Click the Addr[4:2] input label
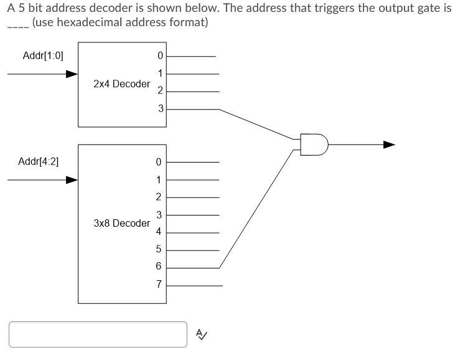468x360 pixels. click(x=39, y=161)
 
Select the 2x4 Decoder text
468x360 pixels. click(x=121, y=83)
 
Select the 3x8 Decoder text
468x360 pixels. click(x=121, y=222)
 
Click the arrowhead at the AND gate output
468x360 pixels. click(x=389, y=144)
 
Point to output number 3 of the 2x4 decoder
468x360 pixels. click(x=160, y=109)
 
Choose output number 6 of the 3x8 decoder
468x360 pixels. click(x=159, y=267)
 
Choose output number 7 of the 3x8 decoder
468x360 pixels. click(x=159, y=285)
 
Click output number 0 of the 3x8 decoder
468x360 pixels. click(x=159, y=163)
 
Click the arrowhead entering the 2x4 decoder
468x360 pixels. click(x=72, y=74)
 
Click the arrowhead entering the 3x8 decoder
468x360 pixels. click(x=72, y=180)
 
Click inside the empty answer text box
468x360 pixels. click(x=98, y=334)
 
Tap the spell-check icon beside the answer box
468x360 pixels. click(x=202, y=334)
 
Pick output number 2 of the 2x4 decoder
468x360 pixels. click(x=160, y=91)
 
